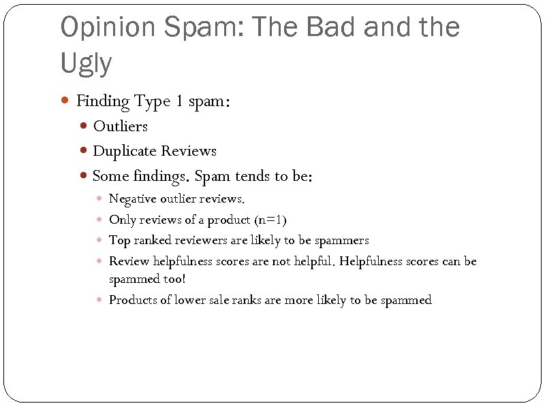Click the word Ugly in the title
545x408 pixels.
86,63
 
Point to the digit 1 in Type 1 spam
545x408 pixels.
178,101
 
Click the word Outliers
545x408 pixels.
120,126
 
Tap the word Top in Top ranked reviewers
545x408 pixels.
119,240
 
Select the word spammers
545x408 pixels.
341,240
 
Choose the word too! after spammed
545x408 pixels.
174,279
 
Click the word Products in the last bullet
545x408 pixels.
133,300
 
